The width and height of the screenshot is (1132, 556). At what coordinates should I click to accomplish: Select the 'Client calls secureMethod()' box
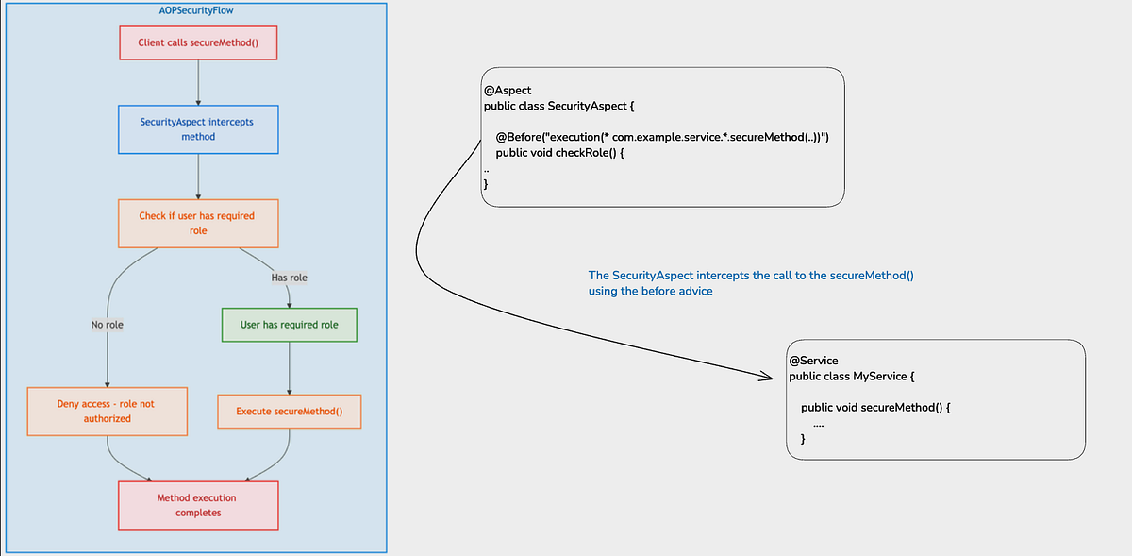(x=198, y=43)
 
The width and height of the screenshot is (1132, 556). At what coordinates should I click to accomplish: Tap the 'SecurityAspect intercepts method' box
(x=198, y=129)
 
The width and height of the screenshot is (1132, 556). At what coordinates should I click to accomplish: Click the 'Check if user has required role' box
(x=198, y=223)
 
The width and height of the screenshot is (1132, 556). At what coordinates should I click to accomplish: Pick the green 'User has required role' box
(x=290, y=325)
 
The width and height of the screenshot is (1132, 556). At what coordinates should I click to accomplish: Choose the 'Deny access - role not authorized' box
(x=107, y=411)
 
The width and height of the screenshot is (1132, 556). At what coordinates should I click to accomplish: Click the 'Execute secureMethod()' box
(x=289, y=412)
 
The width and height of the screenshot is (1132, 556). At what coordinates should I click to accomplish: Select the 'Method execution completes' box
(x=198, y=505)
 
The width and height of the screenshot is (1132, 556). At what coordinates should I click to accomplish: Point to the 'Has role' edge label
(x=290, y=278)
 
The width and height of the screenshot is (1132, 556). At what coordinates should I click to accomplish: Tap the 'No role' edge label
(x=107, y=325)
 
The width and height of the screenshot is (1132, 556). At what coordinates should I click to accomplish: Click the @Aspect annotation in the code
(x=508, y=91)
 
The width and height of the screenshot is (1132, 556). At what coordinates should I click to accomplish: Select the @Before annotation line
(x=661, y=138)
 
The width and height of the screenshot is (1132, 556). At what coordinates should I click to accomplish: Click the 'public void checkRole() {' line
(x=560, y=153)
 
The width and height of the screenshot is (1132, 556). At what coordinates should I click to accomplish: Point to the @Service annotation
(x=813, y=361)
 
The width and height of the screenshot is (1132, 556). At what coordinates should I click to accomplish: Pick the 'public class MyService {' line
(x=852, y=377)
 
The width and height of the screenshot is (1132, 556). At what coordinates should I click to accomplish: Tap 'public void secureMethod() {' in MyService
(x=873, y=408)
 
